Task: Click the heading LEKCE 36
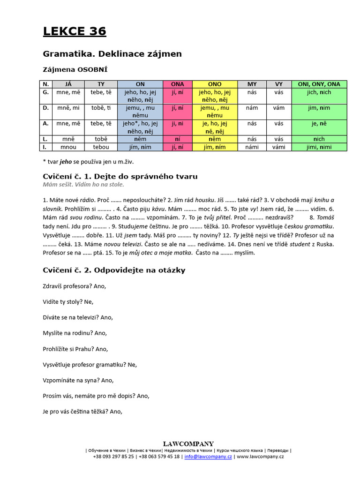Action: point(75,31)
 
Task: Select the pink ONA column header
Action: point(178,84)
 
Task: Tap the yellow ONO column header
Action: point(215,84)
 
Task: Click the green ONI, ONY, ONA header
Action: point(319,84)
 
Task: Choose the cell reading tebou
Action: point(101,147)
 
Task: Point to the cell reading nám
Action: point(252,107)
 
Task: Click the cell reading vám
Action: point(279,107)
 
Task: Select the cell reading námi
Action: point(252,147)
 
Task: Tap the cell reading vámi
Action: point(279,147)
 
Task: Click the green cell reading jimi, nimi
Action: point(319,147)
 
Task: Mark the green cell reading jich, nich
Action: point(319,92)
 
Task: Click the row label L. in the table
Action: point(45,139)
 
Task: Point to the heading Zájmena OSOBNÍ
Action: point(75,69)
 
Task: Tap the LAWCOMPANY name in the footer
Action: point(188,443)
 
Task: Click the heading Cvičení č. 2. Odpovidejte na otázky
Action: point(114,270)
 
